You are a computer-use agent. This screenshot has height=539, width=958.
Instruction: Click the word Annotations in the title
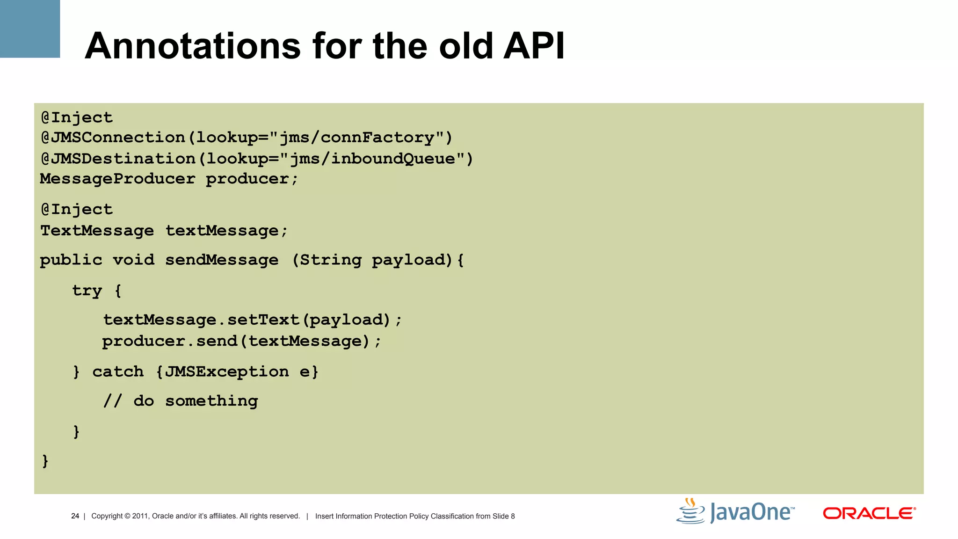[x=192, y=46]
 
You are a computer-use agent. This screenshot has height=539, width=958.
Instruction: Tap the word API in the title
[x=534, y=46]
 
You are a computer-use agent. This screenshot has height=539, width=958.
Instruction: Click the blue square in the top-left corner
[x=30, y=29]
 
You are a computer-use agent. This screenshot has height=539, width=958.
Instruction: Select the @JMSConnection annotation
[x=113, y=138]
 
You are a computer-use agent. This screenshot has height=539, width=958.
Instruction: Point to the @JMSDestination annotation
[x=118, y=159]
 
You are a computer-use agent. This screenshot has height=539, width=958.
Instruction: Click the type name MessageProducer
[x=117, y=179]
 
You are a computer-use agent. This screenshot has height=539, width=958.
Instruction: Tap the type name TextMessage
[x=97, y=231]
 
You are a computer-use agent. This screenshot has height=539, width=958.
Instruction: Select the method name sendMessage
[x=222, y=260]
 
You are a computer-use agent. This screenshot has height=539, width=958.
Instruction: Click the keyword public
[x=71, y=260]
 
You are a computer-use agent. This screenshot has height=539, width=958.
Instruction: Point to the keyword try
[x=87, y=291]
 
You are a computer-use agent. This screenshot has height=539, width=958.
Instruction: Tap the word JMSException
[x=227, y=372]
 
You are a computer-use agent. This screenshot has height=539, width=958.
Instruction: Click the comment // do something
[x=181, y=401]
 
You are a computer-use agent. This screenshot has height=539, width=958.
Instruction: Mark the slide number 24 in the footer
[x=75, y=516]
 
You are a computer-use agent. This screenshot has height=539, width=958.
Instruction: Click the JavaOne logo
[x=735, y=511]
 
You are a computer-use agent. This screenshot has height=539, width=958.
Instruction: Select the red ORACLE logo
[x=869, y=513]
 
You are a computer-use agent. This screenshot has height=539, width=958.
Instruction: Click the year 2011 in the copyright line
[x=140, y=516]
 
